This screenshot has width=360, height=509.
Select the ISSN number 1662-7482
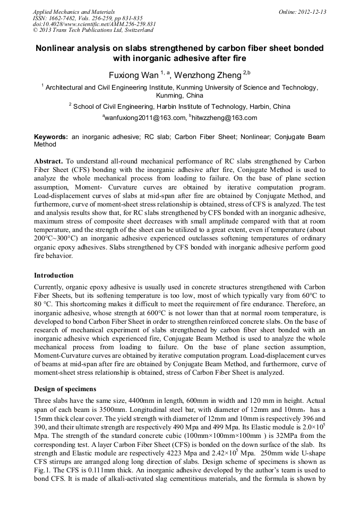[63, 18]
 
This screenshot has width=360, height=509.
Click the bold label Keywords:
[51, 137]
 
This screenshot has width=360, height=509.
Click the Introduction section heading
[54, 275]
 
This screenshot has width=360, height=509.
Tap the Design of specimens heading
[65, 389]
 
